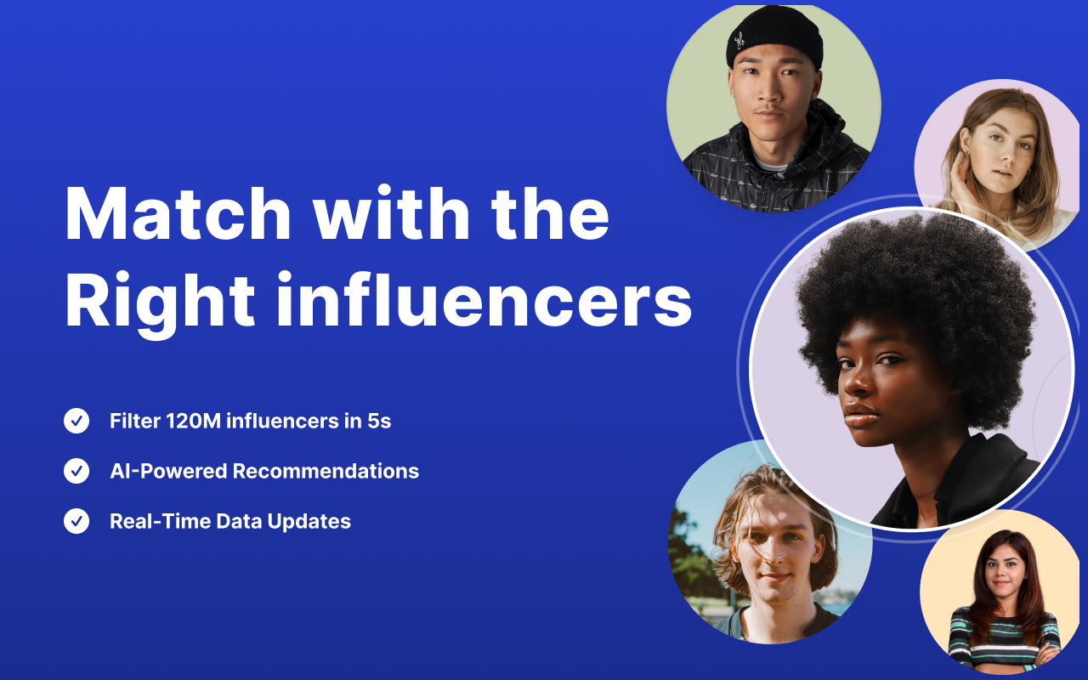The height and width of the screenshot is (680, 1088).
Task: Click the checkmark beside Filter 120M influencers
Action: [x=76, y=421]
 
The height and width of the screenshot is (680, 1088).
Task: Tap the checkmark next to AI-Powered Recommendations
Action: [x=76, y=471]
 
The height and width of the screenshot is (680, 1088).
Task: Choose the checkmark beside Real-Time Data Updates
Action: [x=76, y=521]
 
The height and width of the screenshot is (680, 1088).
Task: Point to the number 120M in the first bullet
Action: [x=190, y=421]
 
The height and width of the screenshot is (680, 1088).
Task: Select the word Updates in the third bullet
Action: [x=309, y=521]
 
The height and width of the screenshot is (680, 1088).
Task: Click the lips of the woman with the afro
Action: [x=861, y=414]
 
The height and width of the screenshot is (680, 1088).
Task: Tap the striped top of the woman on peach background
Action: [x=1004, y=633]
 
